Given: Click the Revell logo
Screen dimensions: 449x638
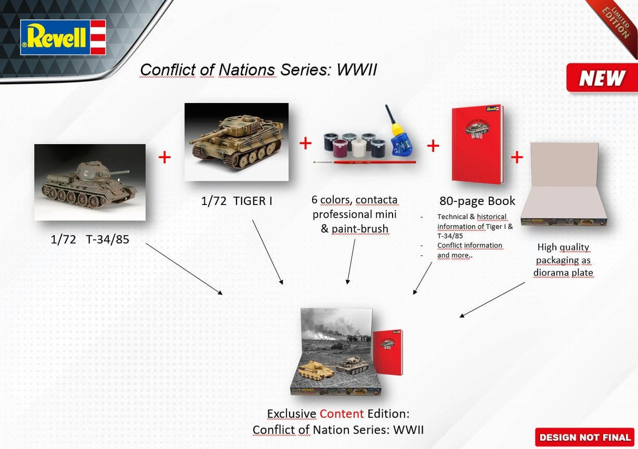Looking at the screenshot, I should (63, 37).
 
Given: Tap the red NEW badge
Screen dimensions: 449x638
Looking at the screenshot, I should (601, 78).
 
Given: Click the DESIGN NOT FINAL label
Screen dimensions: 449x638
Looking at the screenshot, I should (584, 437).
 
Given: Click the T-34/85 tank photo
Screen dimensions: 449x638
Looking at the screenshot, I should (90, 182).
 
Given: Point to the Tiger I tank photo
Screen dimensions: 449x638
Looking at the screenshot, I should (236, 141).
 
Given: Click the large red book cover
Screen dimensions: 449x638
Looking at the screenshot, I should (477, 145).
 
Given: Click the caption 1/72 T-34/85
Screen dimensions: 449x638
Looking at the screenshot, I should (90, 240).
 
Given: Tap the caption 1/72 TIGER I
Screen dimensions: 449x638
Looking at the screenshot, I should (236, 200).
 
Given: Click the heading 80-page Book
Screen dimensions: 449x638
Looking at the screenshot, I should (477, 201).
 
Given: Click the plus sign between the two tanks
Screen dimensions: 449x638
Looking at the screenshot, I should (164, 157).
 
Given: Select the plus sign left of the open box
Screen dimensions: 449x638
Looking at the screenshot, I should (517, 157).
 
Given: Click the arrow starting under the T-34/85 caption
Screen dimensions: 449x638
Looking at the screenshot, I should (183, 268).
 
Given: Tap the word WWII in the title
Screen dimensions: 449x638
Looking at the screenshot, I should (357, 70).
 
